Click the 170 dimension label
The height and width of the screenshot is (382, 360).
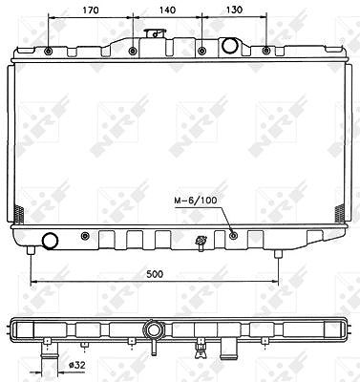click(91, 11)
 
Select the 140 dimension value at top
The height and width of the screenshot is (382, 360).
click(167, 11)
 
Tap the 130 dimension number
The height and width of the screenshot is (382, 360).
click(234, 10)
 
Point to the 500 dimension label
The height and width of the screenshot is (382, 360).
click(155, 274)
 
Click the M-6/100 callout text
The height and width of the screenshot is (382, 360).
click(196, 201)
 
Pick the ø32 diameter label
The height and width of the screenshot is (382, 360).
click(77, 366)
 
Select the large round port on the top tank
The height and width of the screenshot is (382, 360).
click(229, 45)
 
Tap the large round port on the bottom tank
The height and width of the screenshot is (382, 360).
click(51, 241)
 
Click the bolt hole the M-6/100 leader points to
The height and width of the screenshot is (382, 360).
click(234, 236)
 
